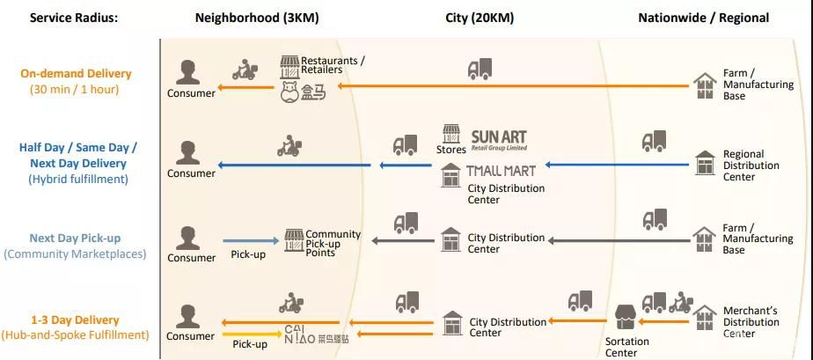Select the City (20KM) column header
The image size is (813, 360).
(x=480, y=18)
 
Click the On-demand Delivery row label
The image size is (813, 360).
(x=76, y=74)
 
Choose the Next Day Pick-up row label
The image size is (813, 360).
(x=75, y=239)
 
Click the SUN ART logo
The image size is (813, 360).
(x=499, y=139)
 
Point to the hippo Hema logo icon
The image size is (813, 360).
(x=290, y=92)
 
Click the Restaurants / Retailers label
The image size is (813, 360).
(x=333, y=65)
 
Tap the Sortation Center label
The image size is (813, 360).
(x=626, y=347)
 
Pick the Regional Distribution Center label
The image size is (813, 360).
(x=751, y=165)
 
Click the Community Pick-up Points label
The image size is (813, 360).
(x=333, y=242)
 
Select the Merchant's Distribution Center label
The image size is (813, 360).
(x=751, y=322)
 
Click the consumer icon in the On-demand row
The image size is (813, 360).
(x=186, y=74)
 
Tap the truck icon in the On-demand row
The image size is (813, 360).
(x=480, y=69)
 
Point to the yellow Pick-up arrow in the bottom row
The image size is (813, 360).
(x=251, y=334)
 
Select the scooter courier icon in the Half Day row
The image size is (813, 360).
(x=289, y=147)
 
